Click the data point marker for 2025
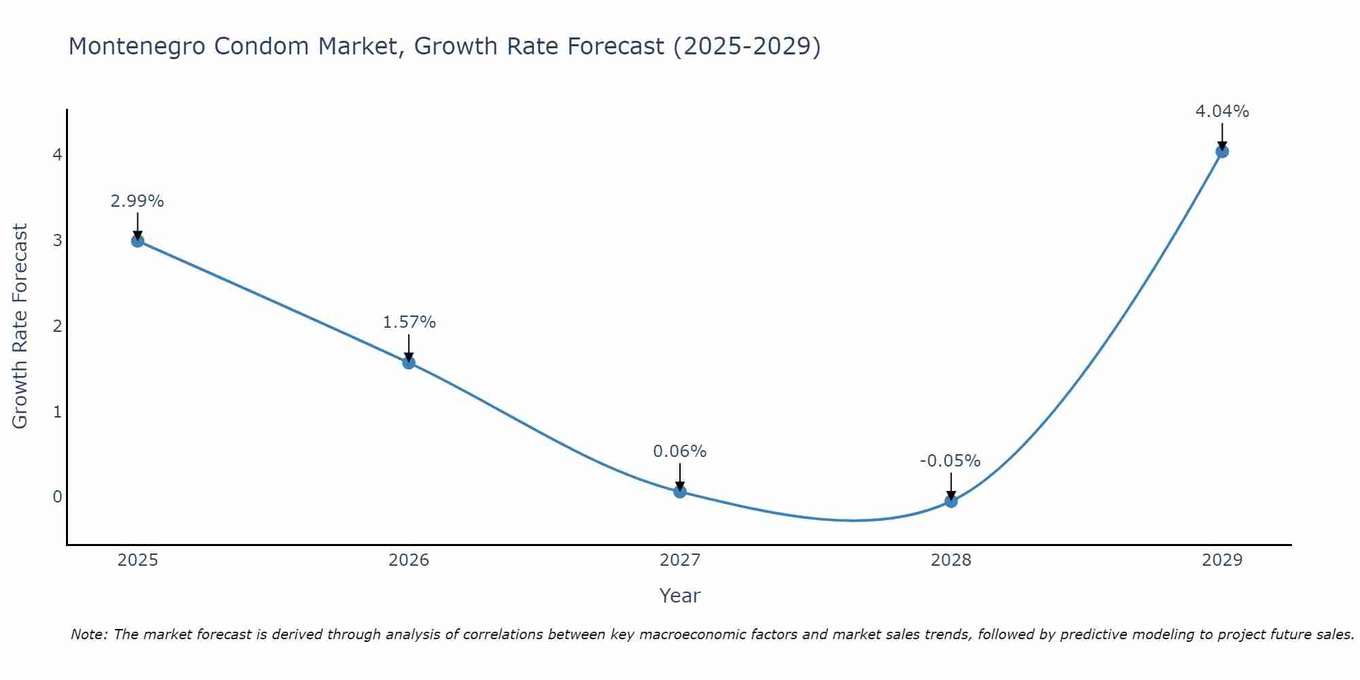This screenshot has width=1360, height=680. [137, 241]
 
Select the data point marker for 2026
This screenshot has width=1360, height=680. [409, 362]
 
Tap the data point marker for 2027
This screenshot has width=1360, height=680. [680, 492]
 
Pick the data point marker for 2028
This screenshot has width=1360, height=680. [951, 501]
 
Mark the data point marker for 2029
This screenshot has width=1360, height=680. [1222, 152]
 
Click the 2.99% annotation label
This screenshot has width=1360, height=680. [137, 201]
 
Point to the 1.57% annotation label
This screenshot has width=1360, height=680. [409, 322]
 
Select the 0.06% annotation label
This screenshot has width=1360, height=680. [680, 452]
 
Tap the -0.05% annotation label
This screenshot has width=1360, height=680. [950, 461]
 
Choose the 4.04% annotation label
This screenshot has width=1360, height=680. [1222, 112]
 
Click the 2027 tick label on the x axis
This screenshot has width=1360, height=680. [680, 560]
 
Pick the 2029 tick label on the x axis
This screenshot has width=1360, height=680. [1222, 560]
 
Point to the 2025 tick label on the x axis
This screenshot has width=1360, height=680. [137, 560]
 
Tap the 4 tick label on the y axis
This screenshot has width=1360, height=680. [57, 155]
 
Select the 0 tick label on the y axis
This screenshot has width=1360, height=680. [57, 497]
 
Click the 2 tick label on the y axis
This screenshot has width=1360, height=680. [57, 326]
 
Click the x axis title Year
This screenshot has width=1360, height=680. [679, 596]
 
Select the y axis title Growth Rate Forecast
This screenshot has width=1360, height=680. [20, 326]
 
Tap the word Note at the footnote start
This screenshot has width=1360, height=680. [88, 635]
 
